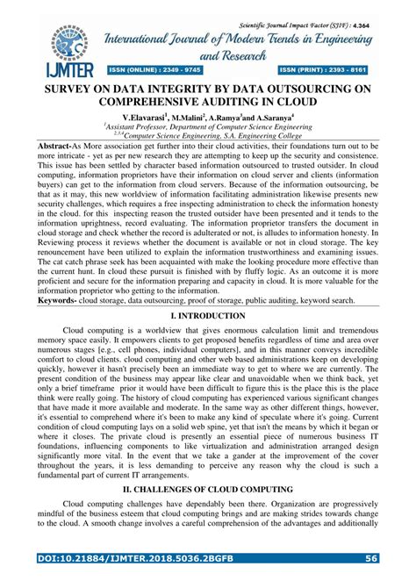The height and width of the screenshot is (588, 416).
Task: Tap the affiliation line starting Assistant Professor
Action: (x=207, y=126)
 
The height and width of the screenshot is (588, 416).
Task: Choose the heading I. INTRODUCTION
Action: (x=208, y=316)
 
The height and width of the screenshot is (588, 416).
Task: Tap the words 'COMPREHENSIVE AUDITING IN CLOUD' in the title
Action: (x=208, y=103)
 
